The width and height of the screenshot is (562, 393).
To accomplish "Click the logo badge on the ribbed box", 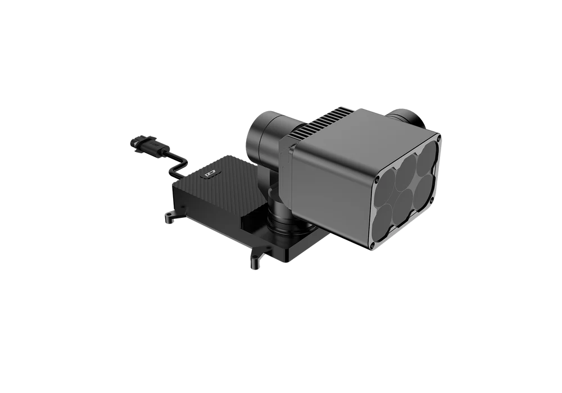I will (x=211, y=174).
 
